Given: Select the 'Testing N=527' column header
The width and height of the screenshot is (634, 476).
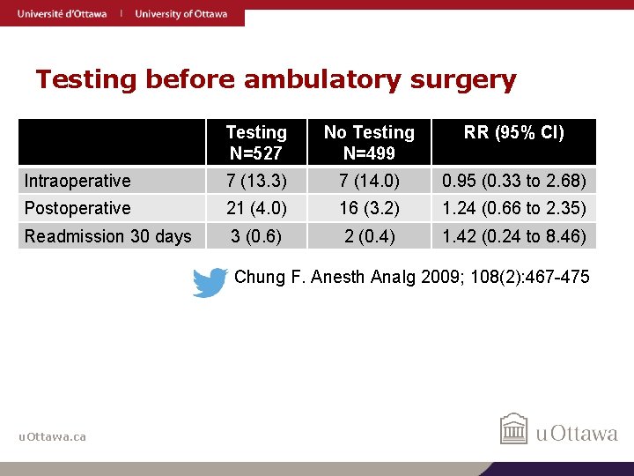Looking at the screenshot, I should [256, 143].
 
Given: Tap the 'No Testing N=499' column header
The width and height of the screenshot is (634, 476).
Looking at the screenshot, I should [369, 143].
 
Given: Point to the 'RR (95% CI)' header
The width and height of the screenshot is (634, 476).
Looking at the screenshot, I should [514, 133].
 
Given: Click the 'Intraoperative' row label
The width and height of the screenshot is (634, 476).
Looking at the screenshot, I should [77, 181].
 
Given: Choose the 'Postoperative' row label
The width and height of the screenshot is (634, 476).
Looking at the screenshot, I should [77, 208].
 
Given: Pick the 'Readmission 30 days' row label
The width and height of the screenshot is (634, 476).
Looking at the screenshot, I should [107, 236].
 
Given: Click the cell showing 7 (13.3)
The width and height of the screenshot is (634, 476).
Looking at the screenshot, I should [256, 181].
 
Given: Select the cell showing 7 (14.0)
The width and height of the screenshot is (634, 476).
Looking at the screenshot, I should [369, 181].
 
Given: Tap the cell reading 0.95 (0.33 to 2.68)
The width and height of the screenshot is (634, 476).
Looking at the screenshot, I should [514, 181].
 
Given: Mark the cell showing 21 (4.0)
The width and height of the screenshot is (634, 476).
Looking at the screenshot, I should [256, 208].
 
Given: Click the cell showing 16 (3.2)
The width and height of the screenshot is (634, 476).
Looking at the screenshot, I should [369, 208].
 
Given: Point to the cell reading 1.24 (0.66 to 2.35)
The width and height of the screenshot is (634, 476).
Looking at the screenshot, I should [514, 208].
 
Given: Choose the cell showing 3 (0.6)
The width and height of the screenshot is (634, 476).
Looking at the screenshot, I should [256, 236].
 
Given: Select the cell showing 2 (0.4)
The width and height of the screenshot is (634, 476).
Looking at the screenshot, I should [369, 236].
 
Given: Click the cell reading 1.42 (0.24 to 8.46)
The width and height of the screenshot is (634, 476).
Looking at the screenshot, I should [514, 236].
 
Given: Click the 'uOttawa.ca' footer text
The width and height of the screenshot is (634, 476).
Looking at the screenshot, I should [53, 436].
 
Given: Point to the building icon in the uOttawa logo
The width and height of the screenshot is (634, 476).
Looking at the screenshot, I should [514, 429].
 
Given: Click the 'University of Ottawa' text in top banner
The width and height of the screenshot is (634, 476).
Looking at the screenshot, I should [181, 13].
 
